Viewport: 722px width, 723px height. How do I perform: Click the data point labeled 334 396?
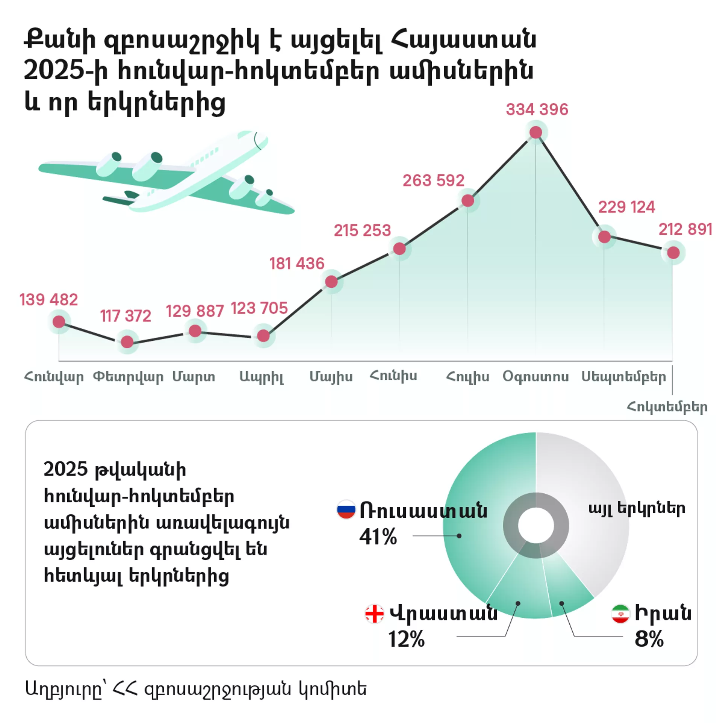[535, 132]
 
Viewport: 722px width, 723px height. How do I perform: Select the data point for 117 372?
[127, 342]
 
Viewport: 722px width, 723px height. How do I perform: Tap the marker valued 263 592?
[467, 201]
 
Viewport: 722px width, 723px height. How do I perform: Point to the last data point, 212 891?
[673, 253]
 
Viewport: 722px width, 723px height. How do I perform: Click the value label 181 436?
[297, 264]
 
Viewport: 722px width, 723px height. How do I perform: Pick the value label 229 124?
[626, 207]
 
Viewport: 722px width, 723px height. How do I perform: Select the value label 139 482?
[49, 300]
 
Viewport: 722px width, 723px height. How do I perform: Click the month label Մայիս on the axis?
[331, 376]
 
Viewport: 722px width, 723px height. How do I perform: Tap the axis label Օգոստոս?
[535, 376]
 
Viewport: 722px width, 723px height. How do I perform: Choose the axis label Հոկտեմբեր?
[667, 407]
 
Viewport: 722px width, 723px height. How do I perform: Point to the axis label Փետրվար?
[128, 376]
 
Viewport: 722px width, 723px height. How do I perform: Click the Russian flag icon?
[346, 509]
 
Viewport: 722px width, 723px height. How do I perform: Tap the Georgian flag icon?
[374, 614]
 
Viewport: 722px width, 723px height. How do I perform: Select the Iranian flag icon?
[620, 613]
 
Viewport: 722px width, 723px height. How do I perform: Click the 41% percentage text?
[378, 537]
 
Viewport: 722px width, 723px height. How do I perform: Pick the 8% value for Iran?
[649, 639]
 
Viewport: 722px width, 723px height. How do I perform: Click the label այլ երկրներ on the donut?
[637, 509]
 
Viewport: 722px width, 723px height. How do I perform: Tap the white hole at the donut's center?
[536, 525]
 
